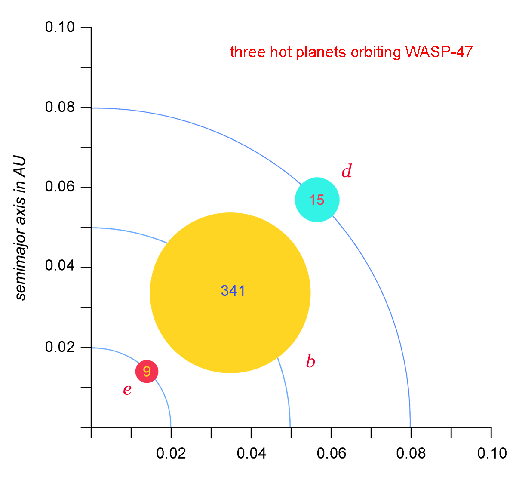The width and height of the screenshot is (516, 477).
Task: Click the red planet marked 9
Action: (147, 371)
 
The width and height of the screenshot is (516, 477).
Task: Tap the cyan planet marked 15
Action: (317, 200)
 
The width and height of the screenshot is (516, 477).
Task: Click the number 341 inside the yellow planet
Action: (233, 291)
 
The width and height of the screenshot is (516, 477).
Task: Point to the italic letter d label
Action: (346, 171)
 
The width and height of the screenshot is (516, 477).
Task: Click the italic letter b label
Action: (310, 361)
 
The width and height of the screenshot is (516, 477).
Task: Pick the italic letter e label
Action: (127, 390)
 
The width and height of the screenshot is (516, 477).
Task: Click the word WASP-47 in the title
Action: (439, 52)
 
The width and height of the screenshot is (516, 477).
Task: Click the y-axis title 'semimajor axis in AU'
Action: (20, 228)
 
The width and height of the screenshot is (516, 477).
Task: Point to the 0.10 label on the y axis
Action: (60, 27)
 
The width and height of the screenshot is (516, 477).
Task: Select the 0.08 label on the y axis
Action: (60, 107)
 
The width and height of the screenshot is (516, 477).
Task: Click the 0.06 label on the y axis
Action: (60, 187)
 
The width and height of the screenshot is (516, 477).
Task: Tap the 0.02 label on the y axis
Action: (60, 347)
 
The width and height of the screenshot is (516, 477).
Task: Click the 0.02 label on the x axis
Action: (171, 453)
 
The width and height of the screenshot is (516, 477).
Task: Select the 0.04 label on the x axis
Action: (251, 453)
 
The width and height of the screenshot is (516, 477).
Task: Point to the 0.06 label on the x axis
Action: (331, 453)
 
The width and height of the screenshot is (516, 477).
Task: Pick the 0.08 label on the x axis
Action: (411, 453)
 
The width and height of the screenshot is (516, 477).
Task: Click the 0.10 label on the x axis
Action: (491, 453)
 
